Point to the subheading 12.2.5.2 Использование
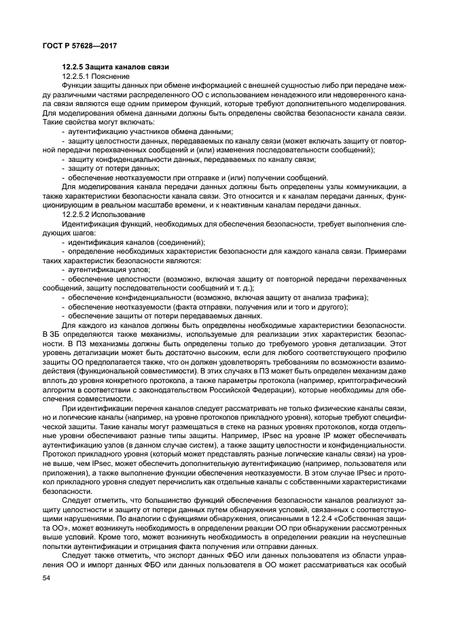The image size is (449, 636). point(99,214)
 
